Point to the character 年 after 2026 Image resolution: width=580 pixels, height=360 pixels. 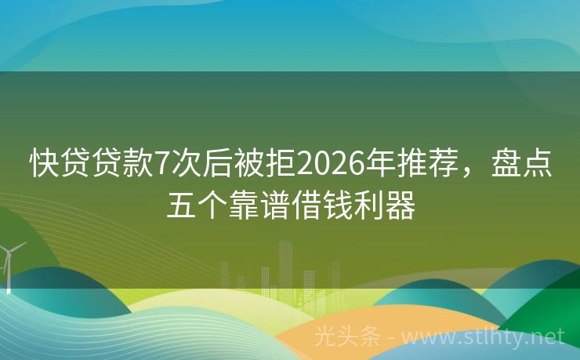(x=379, y=165)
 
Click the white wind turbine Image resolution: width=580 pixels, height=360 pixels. (x=10, y=263)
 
